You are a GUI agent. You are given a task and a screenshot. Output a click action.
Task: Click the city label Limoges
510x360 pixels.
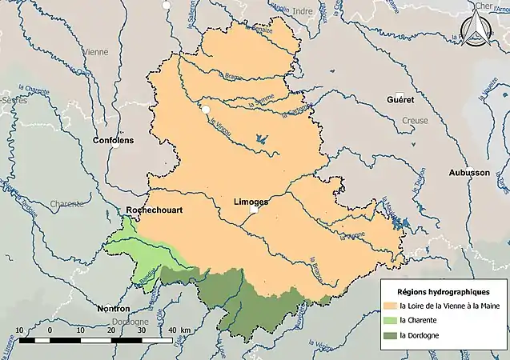click(251, 202)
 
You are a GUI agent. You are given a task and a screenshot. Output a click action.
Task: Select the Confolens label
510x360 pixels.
click(114, 140)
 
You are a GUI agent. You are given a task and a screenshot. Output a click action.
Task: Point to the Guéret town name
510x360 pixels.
click(400, 101)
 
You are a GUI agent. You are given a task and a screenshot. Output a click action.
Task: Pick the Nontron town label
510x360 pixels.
click(111, 308)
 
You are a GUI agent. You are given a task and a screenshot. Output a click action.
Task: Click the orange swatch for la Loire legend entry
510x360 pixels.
click(391, 305)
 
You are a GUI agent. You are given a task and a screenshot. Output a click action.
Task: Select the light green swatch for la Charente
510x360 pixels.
click(391, 320)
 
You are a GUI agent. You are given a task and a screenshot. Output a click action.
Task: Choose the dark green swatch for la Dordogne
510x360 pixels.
click(391, 335)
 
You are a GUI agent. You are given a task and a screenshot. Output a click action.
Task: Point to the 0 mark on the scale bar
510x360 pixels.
click(50, 330)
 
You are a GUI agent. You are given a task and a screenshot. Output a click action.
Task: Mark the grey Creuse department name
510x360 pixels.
click(415, 119)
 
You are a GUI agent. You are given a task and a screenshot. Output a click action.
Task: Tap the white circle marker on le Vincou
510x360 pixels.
click(205, 109)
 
